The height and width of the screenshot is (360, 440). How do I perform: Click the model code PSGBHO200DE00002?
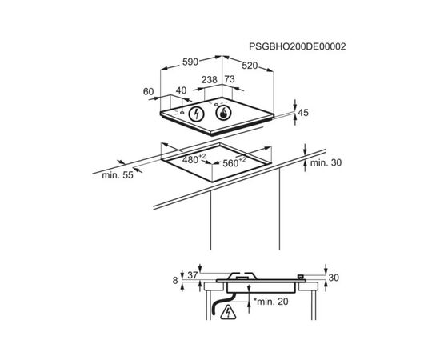298,46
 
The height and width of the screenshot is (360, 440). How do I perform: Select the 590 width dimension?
190,62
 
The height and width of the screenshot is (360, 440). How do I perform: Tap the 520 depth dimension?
250,66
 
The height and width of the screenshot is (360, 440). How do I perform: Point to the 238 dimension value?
210,80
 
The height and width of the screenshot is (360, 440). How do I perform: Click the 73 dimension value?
230,79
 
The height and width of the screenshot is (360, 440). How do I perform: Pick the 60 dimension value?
149,91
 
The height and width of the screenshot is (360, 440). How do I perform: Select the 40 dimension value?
181,90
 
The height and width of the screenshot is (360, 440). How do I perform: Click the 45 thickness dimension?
303,113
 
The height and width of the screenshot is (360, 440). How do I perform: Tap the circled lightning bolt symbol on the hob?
196,114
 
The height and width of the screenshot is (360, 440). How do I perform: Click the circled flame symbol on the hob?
224,113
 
